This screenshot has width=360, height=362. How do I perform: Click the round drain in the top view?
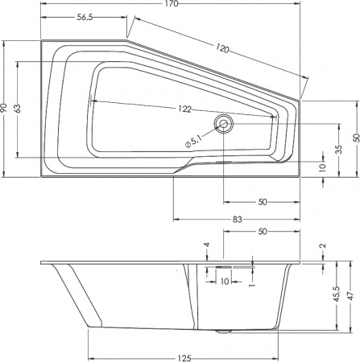(223, 124)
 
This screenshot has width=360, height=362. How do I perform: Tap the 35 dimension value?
(338, 149)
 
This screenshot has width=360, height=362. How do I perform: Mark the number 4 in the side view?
(206, 245)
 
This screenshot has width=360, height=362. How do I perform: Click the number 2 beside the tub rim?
(322, 246)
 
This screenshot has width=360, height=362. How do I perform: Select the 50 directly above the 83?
(263, 202)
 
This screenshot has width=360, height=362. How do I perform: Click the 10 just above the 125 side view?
(224, 281)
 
